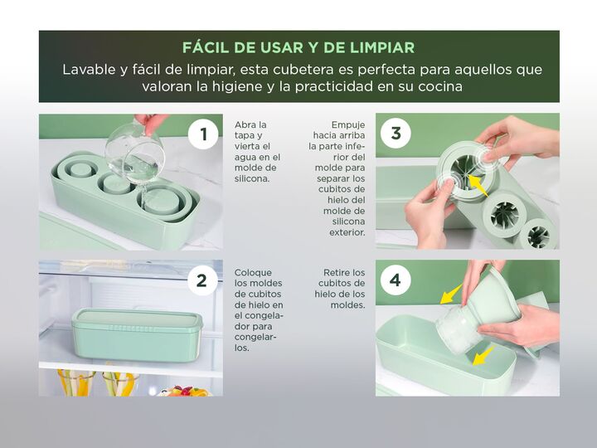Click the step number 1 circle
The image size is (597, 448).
(203, 134)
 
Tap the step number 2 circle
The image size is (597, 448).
(201, 280)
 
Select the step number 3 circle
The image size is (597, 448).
(396, 134)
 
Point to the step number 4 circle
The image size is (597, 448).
(396, 280)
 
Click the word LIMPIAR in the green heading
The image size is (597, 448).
(382, 47)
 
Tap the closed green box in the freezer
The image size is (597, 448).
(137, 335)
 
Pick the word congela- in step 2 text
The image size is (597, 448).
(259, 316)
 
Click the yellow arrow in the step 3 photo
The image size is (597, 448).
(478, 186)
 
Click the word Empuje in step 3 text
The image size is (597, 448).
(348, 125)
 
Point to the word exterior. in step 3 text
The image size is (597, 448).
(347, 232)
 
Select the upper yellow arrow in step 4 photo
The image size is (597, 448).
(452, 294)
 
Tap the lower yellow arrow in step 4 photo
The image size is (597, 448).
(483, 356)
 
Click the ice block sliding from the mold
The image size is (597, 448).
(456, 328)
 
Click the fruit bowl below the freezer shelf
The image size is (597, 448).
(185, 391)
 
